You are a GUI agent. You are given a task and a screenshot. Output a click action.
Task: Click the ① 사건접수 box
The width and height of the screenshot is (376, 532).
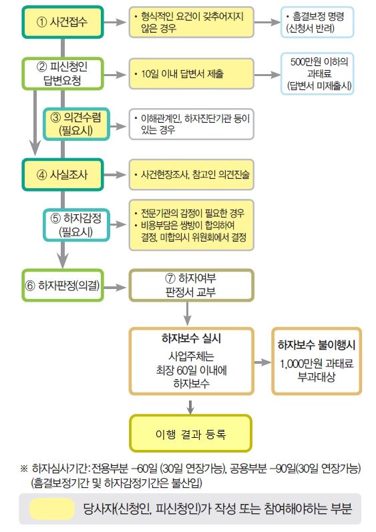point(63,22)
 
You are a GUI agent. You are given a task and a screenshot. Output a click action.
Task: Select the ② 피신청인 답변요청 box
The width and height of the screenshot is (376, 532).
point(63,73)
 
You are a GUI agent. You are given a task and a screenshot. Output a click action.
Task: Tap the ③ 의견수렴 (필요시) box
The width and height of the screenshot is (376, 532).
point(76,124)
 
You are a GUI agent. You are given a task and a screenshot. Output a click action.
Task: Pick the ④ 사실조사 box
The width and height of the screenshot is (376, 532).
point(63,175)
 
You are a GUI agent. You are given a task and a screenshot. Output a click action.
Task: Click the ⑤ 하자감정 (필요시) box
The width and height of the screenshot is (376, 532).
point(76,225)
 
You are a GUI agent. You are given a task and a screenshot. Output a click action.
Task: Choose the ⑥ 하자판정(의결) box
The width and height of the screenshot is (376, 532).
point(63,285)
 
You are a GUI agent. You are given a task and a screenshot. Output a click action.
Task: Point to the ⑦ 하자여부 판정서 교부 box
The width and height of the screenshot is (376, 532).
point(191,285)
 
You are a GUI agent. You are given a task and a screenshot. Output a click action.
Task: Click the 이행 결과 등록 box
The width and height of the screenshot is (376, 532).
point(191,434)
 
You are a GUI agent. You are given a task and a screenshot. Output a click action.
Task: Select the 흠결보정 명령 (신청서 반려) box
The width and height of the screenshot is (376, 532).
point(317,22)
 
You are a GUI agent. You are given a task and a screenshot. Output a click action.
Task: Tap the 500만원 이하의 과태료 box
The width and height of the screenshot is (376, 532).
point(317,73)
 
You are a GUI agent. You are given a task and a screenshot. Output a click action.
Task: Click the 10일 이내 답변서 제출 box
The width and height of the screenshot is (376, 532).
point(191,73)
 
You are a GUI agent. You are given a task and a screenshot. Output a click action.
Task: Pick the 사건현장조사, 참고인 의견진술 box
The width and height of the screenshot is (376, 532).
point(191,175)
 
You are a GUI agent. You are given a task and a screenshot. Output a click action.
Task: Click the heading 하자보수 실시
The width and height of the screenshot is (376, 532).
point(192,338)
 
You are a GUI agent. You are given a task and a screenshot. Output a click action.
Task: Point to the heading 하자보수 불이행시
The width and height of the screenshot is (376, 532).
point(317,345)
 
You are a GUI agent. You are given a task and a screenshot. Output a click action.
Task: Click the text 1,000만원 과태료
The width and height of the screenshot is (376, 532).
point(317,363)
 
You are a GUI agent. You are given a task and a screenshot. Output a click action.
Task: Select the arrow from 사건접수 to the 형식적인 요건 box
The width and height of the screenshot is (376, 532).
point(115,22)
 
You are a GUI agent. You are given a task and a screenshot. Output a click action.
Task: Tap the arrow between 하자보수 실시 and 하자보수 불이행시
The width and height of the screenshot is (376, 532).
point(262,362)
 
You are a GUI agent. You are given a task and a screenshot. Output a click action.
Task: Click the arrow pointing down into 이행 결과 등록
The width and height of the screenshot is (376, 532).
point(190,407)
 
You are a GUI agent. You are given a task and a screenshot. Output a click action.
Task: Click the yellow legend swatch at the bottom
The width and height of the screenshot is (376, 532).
point(52,509)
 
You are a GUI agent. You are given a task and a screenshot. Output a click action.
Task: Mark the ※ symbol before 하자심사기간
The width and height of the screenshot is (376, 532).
point(24,469)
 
